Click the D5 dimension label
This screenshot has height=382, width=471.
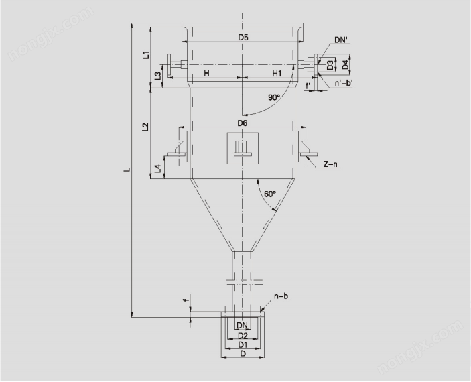point(243,38)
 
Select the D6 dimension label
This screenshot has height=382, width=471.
point(243,123)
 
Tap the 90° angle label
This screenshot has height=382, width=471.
point(274,97)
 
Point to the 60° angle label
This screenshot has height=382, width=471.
point(270,194)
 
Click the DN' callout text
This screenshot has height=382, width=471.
point(341,40)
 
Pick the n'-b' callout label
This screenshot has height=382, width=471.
point(344,83)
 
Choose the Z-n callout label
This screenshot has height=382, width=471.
point(330,164)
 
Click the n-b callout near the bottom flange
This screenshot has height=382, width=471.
point(281,296)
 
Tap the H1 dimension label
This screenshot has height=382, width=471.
point(277,73)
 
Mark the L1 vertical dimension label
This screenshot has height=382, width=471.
point(146,54)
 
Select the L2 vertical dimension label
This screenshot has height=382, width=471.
point(145,127)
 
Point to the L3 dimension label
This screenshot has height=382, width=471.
point(157,76)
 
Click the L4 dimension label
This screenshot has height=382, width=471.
point(158,168)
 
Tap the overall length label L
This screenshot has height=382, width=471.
point(128,170)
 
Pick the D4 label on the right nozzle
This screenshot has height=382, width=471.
point(346,64)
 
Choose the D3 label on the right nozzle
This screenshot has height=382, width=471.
point(330,65)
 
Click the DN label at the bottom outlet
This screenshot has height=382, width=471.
point(242,325)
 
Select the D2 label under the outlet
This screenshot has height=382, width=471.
point(243,335)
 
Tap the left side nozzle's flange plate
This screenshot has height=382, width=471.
point(169,65)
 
